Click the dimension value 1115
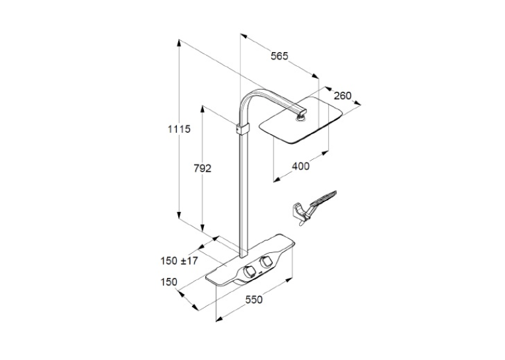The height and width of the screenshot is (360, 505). click(179, 129)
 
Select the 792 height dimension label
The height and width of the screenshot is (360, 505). click(202, 168)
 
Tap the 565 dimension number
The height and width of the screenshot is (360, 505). click(279, 56)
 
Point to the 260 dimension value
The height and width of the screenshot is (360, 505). click(343, 96)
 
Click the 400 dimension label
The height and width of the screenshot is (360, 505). click(300, 166)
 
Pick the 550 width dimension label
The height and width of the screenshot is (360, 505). click(253, 300)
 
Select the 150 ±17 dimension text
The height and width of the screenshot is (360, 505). click(179, 261)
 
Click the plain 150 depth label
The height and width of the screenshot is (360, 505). click(169, 282)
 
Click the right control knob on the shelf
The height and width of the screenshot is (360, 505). click(267, 262)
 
